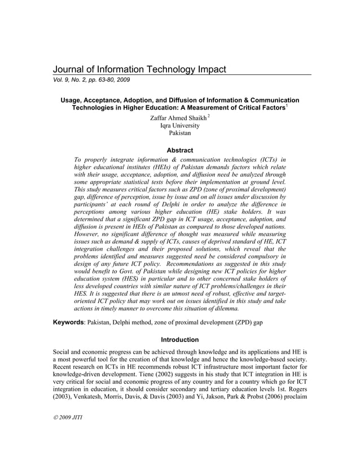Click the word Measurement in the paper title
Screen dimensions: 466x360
click(211, 107)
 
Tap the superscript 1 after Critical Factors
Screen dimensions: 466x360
click(287, 105)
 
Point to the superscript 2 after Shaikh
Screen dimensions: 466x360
click(208, 116)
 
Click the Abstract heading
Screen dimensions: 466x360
click(180, 151)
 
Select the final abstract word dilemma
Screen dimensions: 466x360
click(224, 310)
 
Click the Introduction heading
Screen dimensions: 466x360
click(180, 340)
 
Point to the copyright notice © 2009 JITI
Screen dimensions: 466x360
click(68, 433)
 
